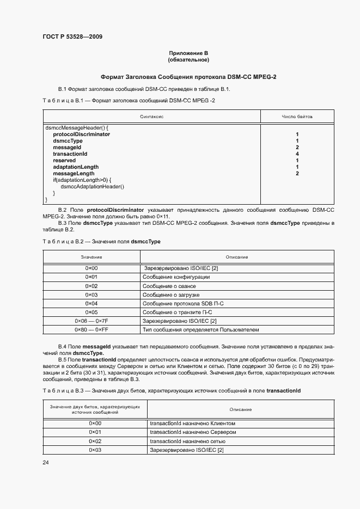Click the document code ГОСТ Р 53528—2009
[x=72, y=37]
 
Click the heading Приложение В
[x=188, y=53]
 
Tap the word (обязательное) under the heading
[x=188, y=59]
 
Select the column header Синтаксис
[x=152, y=116]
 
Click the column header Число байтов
[x=297, y=116]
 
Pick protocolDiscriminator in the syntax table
[x=81, y=134]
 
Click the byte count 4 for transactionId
[x=297, y=154]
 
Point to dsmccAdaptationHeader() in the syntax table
[x=93, y=187]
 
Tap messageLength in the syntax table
[x=74, y=174]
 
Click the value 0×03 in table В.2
[x=91, y=295]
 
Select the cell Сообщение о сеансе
[x=169, y=286]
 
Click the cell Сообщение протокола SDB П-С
[x=180, y=303]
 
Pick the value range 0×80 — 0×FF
[x=91, y=329]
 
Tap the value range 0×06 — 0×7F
[x=91, y=321]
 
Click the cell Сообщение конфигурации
[x=176, y=277]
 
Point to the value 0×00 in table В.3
[x=95, y=423]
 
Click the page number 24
[x=46, y=463]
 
